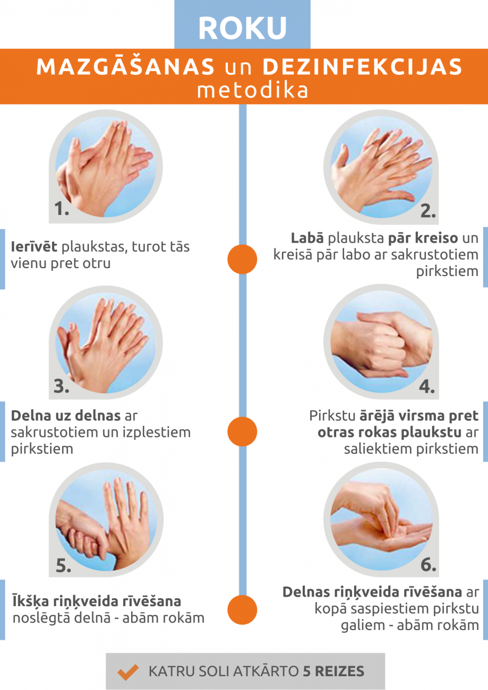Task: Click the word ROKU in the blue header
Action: (x=243, y=28)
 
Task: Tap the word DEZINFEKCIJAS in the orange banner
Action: (x=362, y=66)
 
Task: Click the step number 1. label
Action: (x=62, y=209)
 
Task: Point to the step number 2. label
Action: (x=428, y=211)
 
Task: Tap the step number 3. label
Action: (x=61, y=386)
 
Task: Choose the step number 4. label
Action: (x=427, y=386)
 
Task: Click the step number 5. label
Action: (x=64, y=565)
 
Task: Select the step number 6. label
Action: (x=429, y=564)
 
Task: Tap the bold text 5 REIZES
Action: (x=333, y=671)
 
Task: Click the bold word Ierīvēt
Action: (x=34, y=246)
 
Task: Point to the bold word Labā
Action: (x=307, y=238)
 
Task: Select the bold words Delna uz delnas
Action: (x=66, y=416)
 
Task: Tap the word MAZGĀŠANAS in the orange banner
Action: (x=125, y=66)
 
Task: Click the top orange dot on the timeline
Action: (x=242, y=260)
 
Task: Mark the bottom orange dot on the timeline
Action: (x=242, y=610)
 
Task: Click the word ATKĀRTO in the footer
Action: (x=266, y=671)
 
